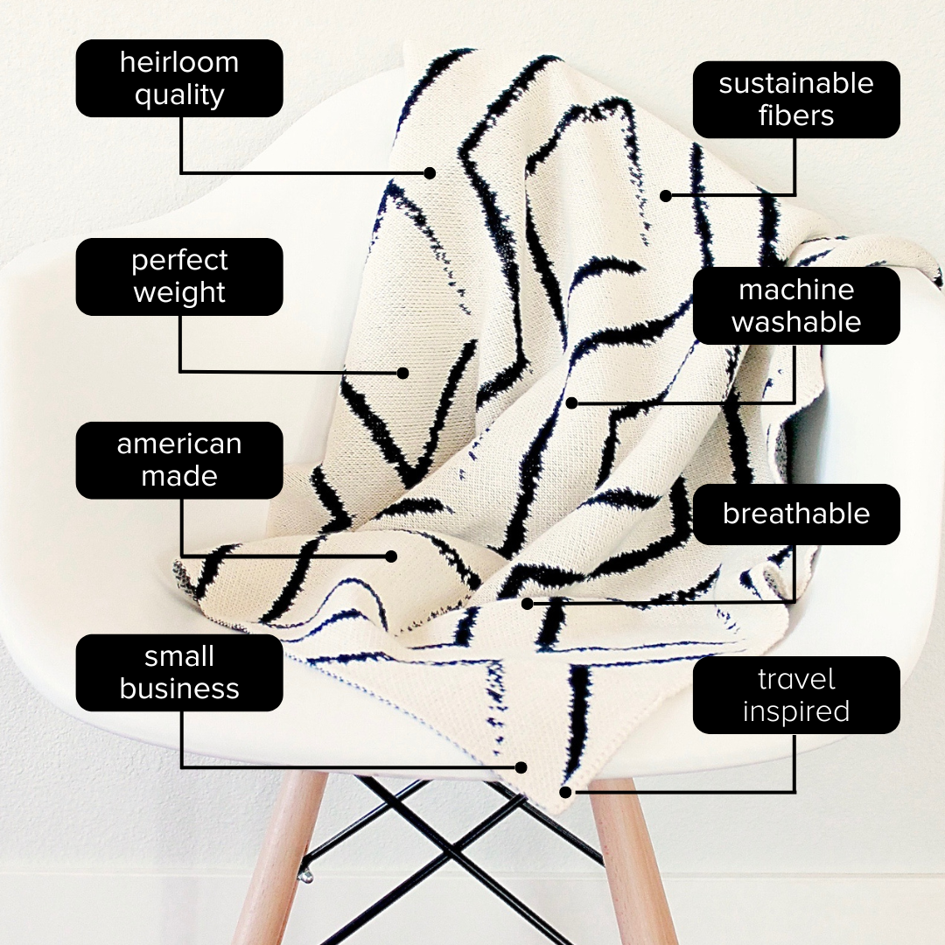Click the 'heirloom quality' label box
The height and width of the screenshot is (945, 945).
[179, 79]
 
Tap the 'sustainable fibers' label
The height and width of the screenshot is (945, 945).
[796, 100]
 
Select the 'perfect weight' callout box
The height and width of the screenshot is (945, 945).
[179, 276]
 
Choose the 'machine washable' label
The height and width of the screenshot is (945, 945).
[796, 305]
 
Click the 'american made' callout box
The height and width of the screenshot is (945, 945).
[179, 460]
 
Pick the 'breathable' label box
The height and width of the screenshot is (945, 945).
[796, 514]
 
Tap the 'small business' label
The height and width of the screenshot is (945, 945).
[179, 673]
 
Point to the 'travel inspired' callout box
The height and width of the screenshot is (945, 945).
[796, 695]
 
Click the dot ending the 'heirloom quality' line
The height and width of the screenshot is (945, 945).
[430, 173]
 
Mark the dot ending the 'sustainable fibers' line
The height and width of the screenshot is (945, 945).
[666, 195]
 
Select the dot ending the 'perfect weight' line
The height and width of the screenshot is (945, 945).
[403, 373]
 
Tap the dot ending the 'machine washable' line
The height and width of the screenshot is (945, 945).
[572, 402]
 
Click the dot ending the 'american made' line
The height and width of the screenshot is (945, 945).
[391, 556]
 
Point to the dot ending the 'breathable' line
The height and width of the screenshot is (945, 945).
[528, 603]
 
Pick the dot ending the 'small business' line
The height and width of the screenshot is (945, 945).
[521, 767]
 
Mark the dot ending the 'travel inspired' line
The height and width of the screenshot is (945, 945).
[565, 792]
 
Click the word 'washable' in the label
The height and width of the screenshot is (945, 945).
[796, 322]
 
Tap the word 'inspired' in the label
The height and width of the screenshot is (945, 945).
[796, 711]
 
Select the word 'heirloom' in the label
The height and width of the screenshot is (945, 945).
[179, 62]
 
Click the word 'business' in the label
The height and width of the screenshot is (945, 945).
[179, 689]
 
